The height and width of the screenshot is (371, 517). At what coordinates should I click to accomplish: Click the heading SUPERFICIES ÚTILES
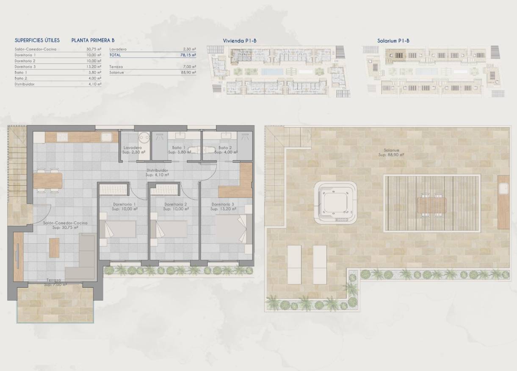click(x=37, y=41)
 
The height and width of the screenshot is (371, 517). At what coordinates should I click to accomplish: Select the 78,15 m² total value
click(x=188, y=55)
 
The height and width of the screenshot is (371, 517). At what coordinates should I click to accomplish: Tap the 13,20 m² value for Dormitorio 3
click(x=94, y=66)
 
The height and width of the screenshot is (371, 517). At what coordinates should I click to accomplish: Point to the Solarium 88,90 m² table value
click(x=188, y=72)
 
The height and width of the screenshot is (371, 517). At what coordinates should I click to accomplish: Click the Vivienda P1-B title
click(x=240, y=41)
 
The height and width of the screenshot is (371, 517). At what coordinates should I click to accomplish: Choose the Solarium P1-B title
click(x=393, y=41)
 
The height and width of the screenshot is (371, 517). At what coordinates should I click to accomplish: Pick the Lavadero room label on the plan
click(x=133, y=148)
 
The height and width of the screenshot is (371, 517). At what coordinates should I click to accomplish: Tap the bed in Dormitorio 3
click(x=231, y=229)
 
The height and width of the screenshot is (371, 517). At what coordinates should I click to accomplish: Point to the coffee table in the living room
click(x=54, y=248)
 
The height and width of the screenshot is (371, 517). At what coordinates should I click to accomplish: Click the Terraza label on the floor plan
click(x=54, y=280)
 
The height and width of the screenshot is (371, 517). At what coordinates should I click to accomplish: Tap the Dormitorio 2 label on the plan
click(x=175, y=204)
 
